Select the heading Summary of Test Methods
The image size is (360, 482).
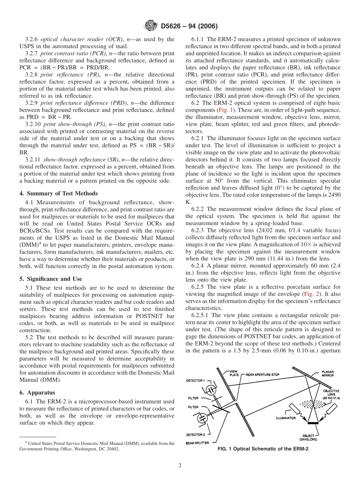(x=58, y=194)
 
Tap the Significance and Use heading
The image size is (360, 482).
(x=50, y=279)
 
